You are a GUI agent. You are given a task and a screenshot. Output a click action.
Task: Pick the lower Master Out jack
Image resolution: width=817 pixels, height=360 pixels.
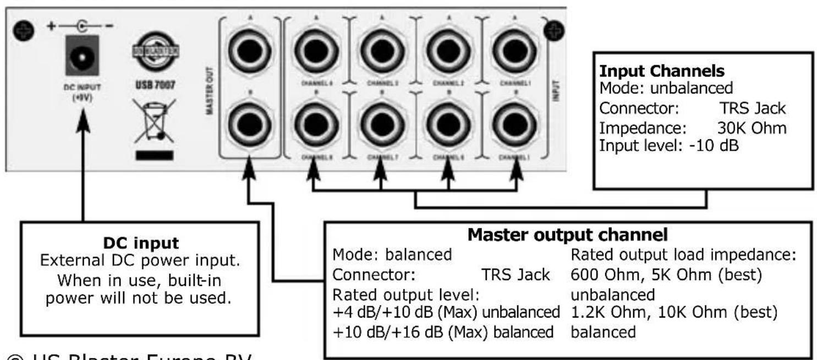(247, 123)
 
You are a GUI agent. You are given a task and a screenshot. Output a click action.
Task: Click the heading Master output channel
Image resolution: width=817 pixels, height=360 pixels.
(568, 234)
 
